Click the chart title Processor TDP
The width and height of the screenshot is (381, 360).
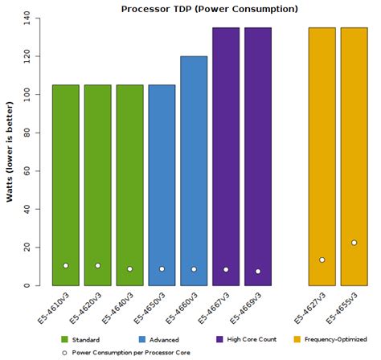[209, 9]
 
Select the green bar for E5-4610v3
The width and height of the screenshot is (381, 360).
[66, 185]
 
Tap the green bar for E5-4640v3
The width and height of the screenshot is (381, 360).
[129, 185]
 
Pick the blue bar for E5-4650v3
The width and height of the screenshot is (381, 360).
[162, 185]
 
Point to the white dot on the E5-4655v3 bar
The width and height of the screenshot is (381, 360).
[354, 243]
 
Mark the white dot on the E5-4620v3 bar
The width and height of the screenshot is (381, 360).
[97, 265]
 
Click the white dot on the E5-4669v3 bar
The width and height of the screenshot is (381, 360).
[258, 272]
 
